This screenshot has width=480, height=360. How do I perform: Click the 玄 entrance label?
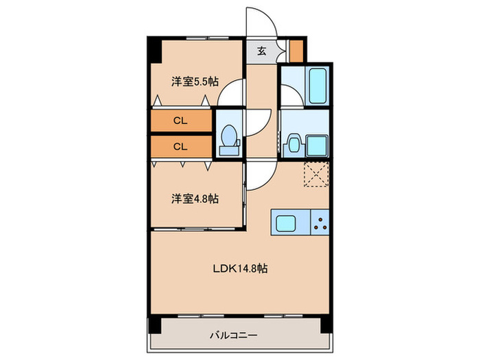(262, 51)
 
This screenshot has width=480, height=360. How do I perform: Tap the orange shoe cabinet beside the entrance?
(296, 51)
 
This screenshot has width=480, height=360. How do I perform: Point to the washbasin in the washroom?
(293, 143)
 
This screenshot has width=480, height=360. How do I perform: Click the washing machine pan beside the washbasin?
(317, 145)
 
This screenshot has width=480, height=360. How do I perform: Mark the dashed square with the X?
(316, 174)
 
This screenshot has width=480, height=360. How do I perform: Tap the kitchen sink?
(286, 221)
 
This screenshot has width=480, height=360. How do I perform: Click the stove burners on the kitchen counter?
(320, 221)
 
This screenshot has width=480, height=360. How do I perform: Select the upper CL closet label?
(180, 121)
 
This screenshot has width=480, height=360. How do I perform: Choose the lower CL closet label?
(180, 146)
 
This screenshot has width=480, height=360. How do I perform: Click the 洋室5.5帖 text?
(195, 82)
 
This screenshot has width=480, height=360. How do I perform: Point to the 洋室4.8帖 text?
(195, 199)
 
